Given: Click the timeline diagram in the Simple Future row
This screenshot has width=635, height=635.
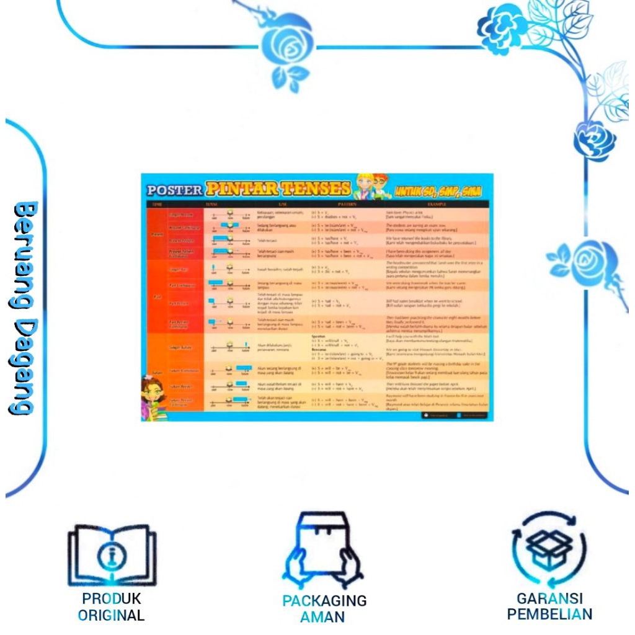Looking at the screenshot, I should tap(229, 347).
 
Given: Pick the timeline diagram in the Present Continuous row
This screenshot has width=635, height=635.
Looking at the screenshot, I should tap(229, 227).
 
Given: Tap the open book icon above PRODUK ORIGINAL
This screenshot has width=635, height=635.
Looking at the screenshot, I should tap(112, 554).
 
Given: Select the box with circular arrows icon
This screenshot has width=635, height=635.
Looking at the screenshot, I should tap(549, 548).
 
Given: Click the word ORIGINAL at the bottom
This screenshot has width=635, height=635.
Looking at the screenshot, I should tap(112, 615).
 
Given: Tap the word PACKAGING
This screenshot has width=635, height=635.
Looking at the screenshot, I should tap(324, 601).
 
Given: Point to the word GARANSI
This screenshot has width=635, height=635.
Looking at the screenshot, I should tap(549, 599).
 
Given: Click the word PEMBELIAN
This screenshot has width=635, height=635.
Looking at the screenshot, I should tap(549, 615).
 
